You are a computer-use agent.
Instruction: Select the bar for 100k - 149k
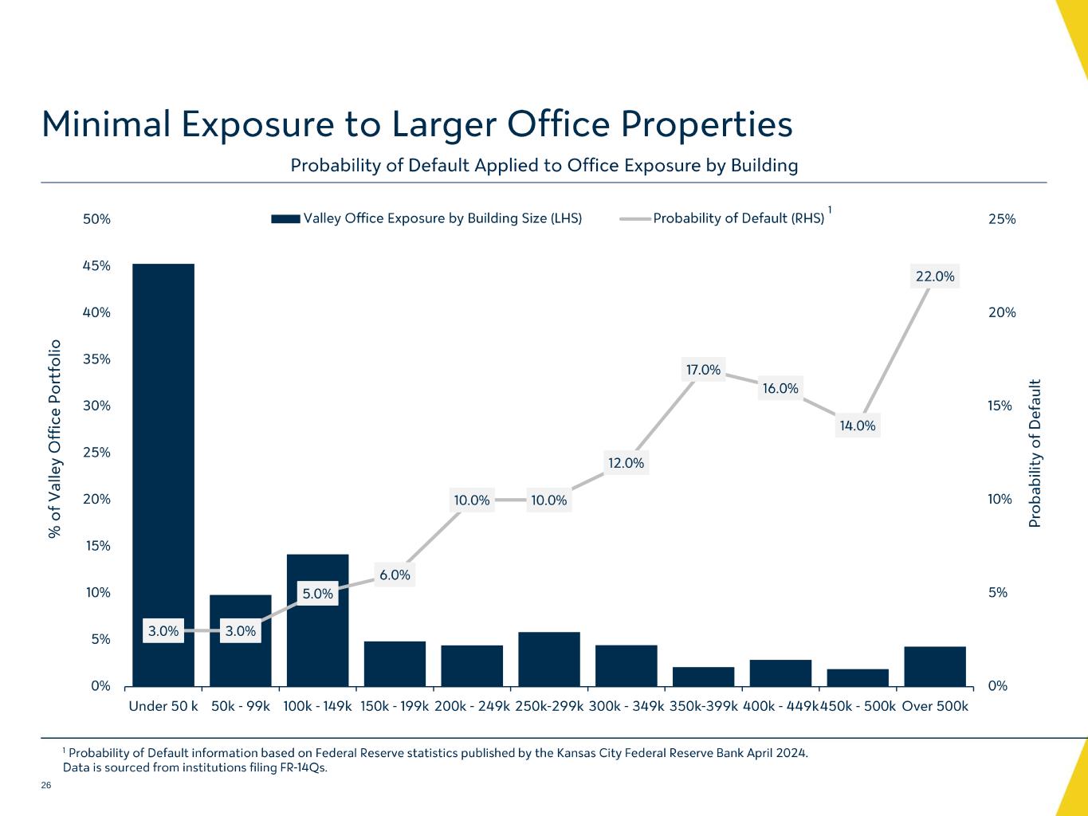point(317,637)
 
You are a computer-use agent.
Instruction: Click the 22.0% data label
point(935,277)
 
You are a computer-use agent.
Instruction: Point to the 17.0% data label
point(703,370)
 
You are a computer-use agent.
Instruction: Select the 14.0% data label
point(858,426)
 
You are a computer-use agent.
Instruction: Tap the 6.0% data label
point(395,575)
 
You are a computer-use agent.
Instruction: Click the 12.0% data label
point(626,463)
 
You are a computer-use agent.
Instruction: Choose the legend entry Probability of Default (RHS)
point(738,218)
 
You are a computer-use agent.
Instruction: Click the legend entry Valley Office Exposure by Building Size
point(442,218)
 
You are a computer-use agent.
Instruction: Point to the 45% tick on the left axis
point(96,265)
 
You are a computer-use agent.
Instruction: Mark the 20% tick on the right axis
point(1002,312)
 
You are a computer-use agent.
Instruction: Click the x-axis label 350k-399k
point(704,706)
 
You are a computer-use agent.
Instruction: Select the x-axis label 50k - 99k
point(241,706)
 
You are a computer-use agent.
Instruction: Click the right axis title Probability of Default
point(1035,453)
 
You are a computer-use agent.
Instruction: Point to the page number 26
point(46,786)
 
